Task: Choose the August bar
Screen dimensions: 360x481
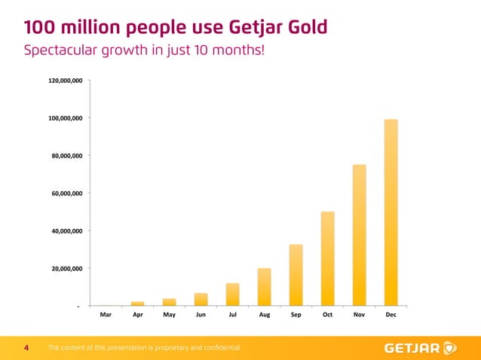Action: click(x=264, y=287)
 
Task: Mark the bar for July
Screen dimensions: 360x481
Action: click(x=232, y=294)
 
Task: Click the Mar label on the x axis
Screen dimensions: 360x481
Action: click(x=106, y=316)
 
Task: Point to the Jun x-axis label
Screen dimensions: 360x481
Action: click(x=201, y=316)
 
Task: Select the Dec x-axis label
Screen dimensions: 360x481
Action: click(x=391, y=316)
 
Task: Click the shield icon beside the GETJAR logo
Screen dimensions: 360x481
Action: click(x=450, y=348)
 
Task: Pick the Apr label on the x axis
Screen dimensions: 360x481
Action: click(x=137, y=316)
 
